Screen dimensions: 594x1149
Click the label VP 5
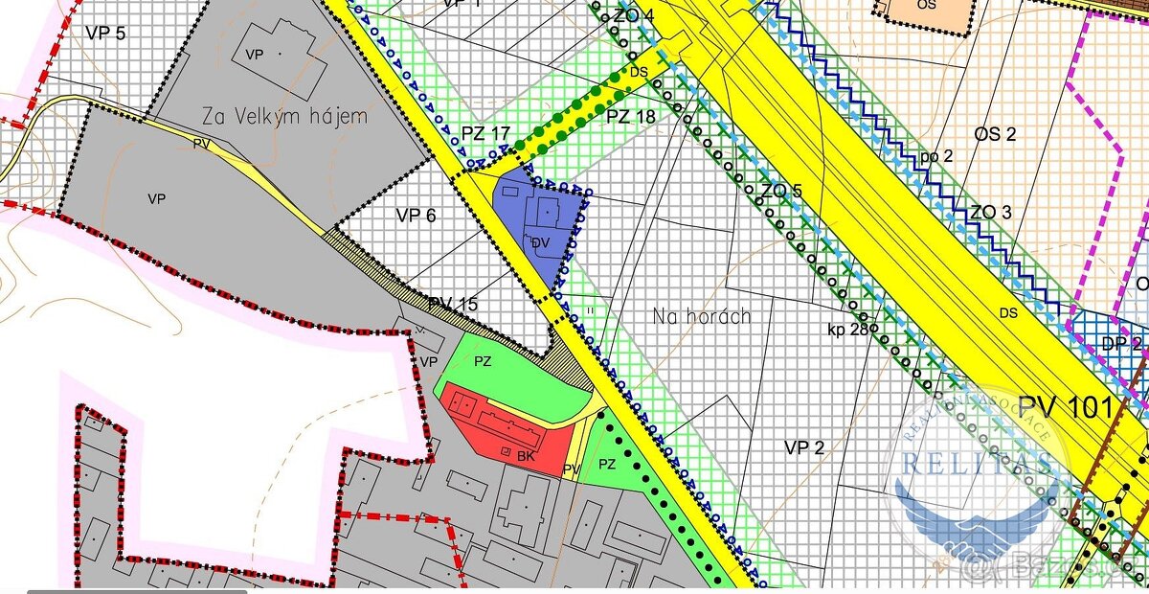tap(105, 33)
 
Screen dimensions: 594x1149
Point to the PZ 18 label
tap(630, 117)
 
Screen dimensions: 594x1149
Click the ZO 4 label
tap(634, 16)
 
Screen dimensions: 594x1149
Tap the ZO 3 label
tap(992, 212)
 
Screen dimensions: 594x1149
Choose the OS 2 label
tap(995, 134)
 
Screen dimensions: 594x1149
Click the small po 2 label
tap(937, 155)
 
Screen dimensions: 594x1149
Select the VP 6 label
tap(416, 216)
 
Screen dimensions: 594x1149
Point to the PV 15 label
tap(452, 305)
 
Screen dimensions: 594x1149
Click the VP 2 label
tap(803, 447)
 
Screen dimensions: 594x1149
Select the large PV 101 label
tap(1066, 407)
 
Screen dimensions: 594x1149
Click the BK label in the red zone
tap(525, 456)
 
